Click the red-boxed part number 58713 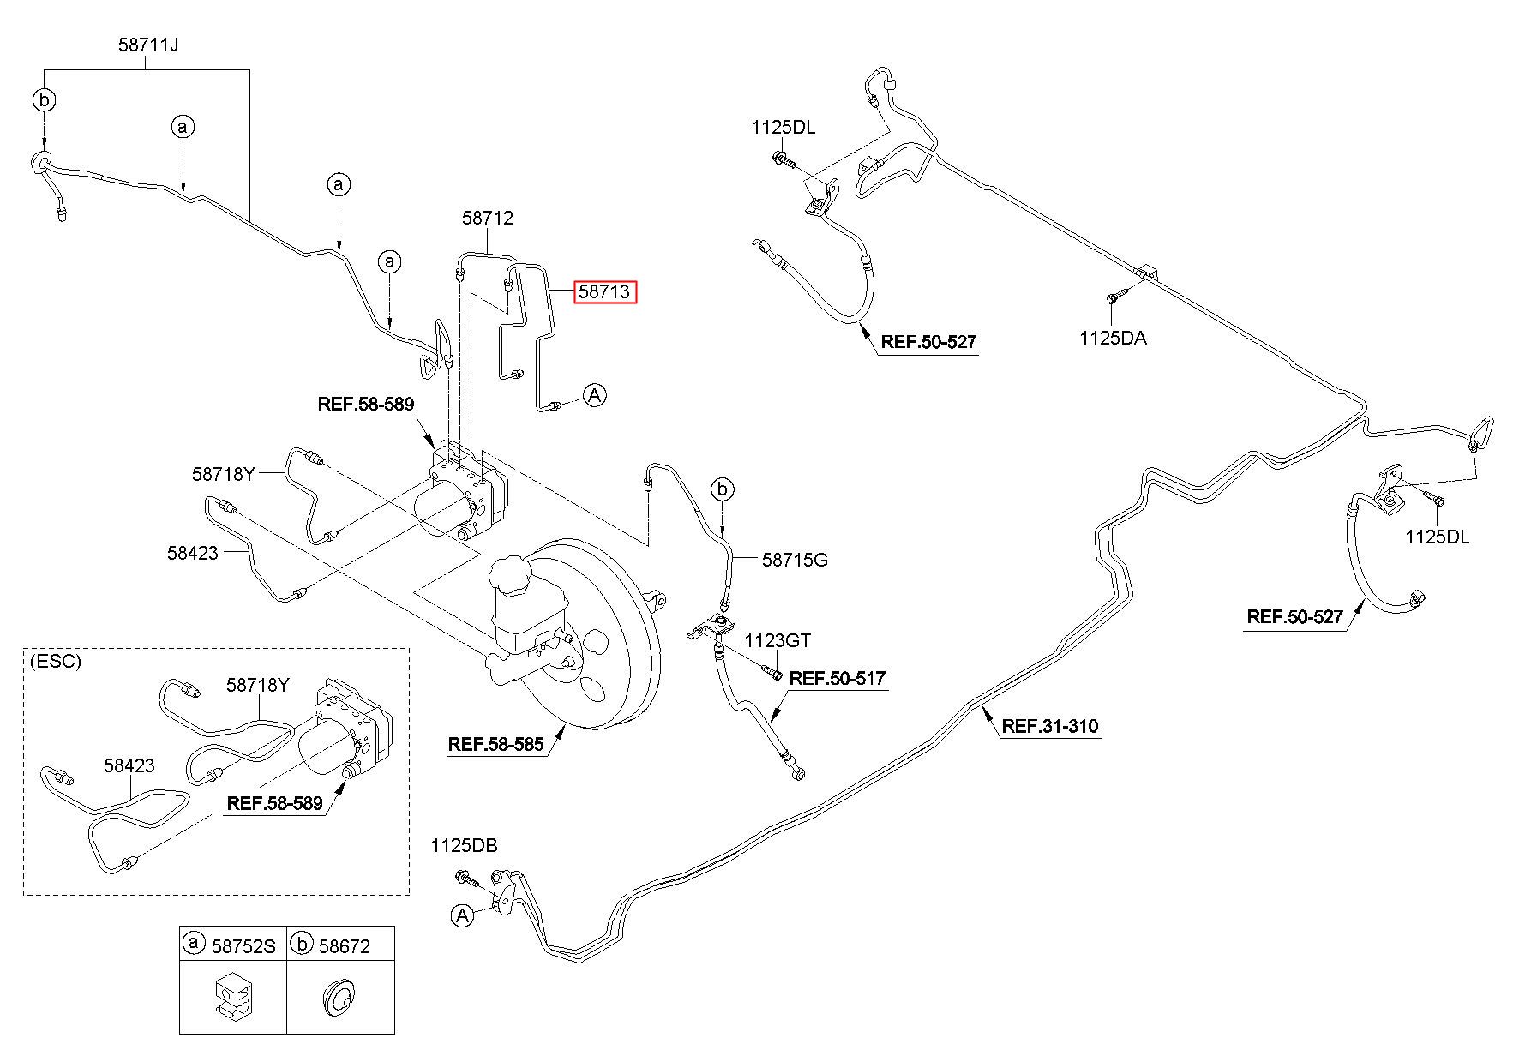click(x=606, y=292)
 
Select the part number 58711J click(x=148, y=45)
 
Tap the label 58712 click(x=488, y=218)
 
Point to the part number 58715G click(x=795, y=561)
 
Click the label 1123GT click(x=777, y=640)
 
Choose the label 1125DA click(x=1113, y=338)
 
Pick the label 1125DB click(x=464, y=846)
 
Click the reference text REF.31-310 click(x=1050, y=727)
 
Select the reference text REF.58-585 click(x=495, y=744)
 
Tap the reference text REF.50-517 click(x=837, y=679)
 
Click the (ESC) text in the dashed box click(x=55, y=662)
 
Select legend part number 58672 click(x=345, y=945)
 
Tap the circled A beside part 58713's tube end click(x=595, y=395)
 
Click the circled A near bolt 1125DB click(x=463, y=915)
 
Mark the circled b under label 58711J click(x=45, y=100)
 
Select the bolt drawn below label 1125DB click(x=466, y=879)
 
